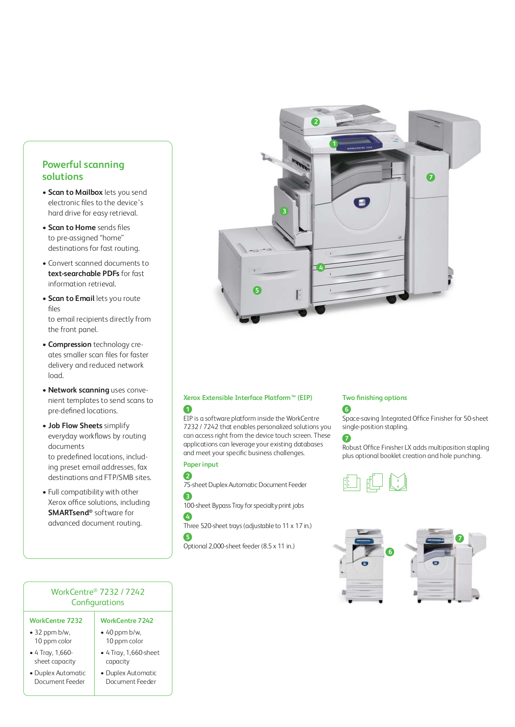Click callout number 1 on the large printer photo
334,144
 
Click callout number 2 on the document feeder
316,121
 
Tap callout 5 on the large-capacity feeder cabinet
257,290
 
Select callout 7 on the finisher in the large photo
431,177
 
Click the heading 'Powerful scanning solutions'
83,170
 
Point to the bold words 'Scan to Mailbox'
75,192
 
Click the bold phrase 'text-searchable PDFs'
83,274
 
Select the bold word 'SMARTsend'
68,513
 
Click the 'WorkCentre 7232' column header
56,620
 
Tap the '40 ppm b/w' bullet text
123,632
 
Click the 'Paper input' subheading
201,465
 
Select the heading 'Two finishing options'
374,398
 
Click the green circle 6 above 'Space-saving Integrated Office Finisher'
347,409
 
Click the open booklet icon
398,482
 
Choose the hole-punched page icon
351,482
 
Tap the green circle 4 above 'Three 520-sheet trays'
188,516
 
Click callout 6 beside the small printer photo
390,552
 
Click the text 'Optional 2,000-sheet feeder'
239,546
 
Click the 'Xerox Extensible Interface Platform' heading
247,398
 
